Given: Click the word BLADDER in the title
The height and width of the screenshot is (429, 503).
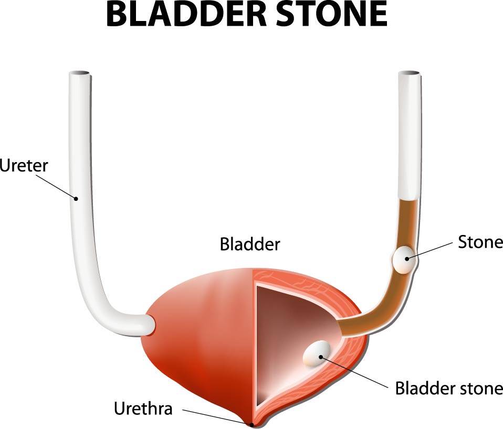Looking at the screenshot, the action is [186, 15].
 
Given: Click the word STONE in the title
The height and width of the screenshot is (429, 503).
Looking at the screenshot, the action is [332, 15].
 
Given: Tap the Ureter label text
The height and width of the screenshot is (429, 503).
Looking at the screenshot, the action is [24, 166].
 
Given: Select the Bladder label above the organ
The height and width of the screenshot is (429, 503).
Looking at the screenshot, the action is [250, 244].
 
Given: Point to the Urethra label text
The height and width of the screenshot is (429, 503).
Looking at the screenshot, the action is [143, 408].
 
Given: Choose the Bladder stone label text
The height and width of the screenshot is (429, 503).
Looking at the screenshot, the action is [449, 388].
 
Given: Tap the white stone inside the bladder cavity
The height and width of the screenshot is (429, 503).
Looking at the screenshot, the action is [316, 353].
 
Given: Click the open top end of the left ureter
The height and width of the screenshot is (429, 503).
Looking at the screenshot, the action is [80, 73].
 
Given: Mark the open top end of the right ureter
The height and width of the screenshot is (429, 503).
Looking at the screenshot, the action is [410, 73].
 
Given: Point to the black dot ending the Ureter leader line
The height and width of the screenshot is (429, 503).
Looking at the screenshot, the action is [76, 199].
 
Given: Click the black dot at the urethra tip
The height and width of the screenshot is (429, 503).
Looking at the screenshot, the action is [252, 425].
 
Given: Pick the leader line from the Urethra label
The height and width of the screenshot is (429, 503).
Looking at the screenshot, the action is [217, 417].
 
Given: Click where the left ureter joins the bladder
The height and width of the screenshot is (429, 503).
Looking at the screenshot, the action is [151, 324].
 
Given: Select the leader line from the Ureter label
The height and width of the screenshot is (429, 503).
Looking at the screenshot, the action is [59, 187].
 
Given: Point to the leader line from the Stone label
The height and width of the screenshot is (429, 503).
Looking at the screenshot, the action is [430, 251].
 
